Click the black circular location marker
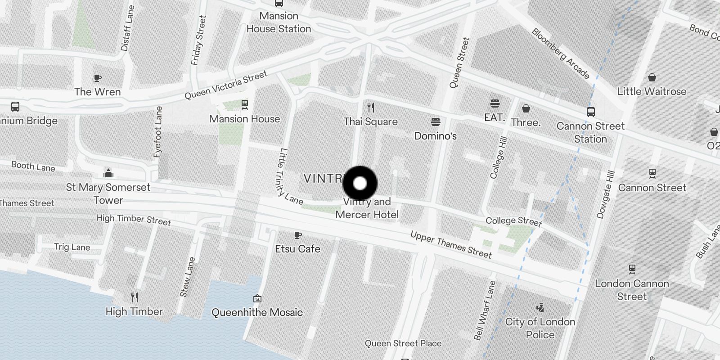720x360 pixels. point(360,183)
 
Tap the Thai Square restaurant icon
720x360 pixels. point(371,108)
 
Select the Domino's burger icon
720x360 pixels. point(435,122)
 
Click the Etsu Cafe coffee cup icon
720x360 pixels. point(297,235)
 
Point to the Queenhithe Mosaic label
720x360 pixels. point(257,312)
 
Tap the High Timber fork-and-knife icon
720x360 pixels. point(134,297)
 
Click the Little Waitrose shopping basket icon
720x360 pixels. point(652,78)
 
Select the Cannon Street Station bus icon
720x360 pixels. point(590,112)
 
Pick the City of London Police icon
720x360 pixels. point(540,308)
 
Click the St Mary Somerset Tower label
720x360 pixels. point(108,193)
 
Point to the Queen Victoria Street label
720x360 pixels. point(226,85)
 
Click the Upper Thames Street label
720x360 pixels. point(450,245)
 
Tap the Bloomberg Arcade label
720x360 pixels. point(560,54)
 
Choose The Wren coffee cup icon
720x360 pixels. point(97,78)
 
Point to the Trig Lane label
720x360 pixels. point(72,247)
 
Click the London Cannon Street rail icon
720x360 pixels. point(632,270)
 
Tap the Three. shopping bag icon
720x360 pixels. point(526,108)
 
